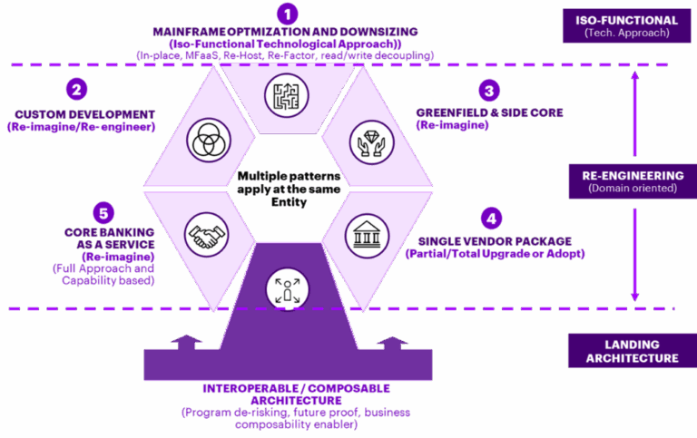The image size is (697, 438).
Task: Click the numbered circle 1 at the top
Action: tap(287, 14)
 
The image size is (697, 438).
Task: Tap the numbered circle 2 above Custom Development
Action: tap(76, 89)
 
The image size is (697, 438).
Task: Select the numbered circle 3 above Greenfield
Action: tap(489, 91)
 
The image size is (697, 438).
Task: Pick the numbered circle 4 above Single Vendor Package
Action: tap(491, 219)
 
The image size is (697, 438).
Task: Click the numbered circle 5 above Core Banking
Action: tap(103, 213)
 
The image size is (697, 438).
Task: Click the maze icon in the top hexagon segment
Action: tap(287, 95)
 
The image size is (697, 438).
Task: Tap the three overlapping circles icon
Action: tap(209, 140)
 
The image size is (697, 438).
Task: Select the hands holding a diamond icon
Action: tap(371, 142)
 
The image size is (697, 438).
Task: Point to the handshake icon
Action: tap(206, 235)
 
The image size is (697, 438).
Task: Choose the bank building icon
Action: tap(367, 236)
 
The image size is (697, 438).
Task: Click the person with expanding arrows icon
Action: tap(288, 289)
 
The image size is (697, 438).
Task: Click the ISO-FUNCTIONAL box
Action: tap(627, 25)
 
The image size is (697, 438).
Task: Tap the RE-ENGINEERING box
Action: tap(633, 181)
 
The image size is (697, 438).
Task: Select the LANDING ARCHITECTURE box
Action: tap(633, 351)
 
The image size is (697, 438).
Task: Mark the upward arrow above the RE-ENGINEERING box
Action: tap(634, 113)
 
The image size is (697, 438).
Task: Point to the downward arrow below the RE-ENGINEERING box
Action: tap(634, 255)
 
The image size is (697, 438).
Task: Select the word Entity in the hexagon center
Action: tap(289, 202)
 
